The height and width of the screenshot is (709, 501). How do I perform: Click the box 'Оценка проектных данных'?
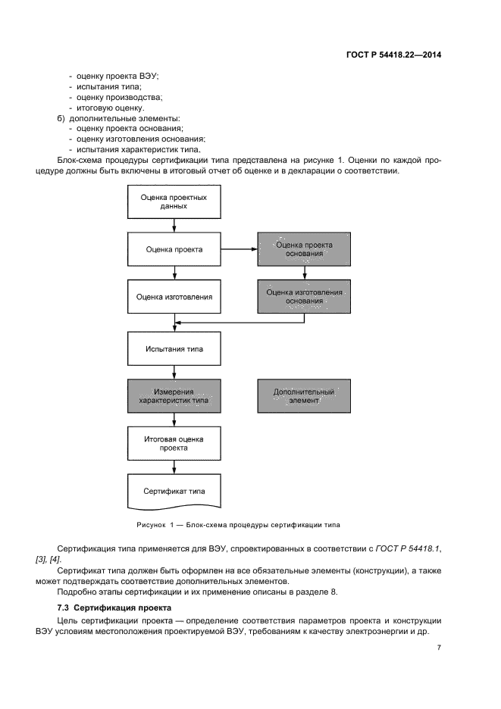(174, 201)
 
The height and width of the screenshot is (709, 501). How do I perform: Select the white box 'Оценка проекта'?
(174, 249)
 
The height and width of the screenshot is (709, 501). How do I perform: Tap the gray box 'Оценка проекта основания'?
(305, 249)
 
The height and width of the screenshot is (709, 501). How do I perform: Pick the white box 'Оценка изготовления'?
(174, 297)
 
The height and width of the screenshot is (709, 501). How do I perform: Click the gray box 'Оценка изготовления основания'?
(305, 297)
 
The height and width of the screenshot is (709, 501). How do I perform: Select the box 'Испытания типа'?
(174, 351)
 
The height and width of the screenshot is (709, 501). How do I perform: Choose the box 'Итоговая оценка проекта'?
(174, 443)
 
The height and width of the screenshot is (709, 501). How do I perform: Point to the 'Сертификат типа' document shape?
(174, 491)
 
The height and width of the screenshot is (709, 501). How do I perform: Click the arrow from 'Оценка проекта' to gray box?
(240, 249)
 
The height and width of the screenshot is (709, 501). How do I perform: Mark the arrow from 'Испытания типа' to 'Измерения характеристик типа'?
(174, 373)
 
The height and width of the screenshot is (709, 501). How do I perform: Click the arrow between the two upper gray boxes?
(305, 273)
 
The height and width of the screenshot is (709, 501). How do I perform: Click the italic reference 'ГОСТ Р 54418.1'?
(401, 548)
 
